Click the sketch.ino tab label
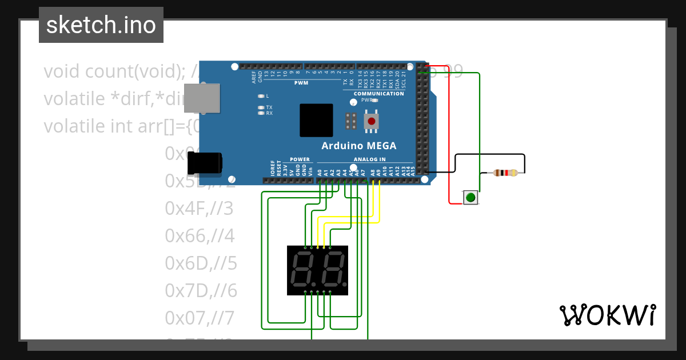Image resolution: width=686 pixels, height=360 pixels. pos(101,25)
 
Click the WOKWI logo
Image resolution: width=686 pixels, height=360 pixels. pos(607,315)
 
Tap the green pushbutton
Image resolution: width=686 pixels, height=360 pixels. pos(470,198)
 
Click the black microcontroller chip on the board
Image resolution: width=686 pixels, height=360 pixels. pos(316,120)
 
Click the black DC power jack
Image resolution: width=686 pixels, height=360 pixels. pos(205,163)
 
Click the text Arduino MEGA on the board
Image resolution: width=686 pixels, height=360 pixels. pos(358,145)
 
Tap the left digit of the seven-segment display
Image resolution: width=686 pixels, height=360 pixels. pos(302,270)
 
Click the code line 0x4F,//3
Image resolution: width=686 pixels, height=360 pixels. pos(199,209)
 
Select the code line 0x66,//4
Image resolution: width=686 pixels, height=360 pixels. pos(200,235)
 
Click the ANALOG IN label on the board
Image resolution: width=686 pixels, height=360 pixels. pos(369,159)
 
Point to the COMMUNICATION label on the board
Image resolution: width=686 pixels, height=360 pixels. pos(378,94)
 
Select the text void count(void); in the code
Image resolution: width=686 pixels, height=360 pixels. pos(114,71)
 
